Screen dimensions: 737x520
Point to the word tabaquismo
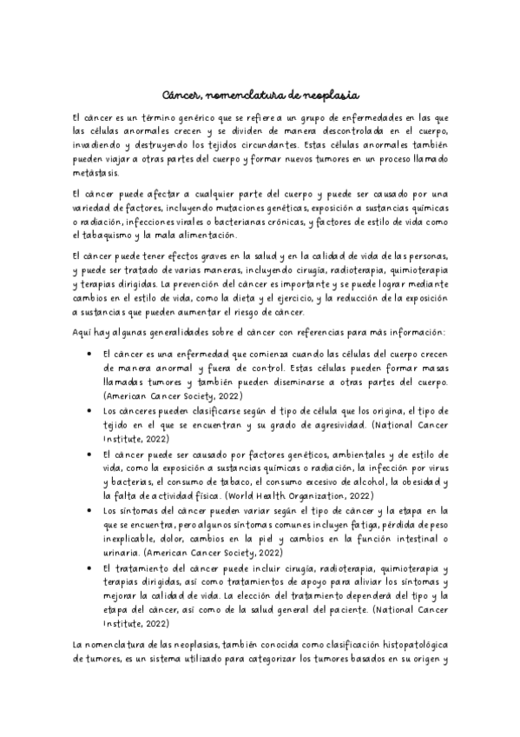[113, 235]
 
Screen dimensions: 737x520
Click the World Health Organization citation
[298, 494]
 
